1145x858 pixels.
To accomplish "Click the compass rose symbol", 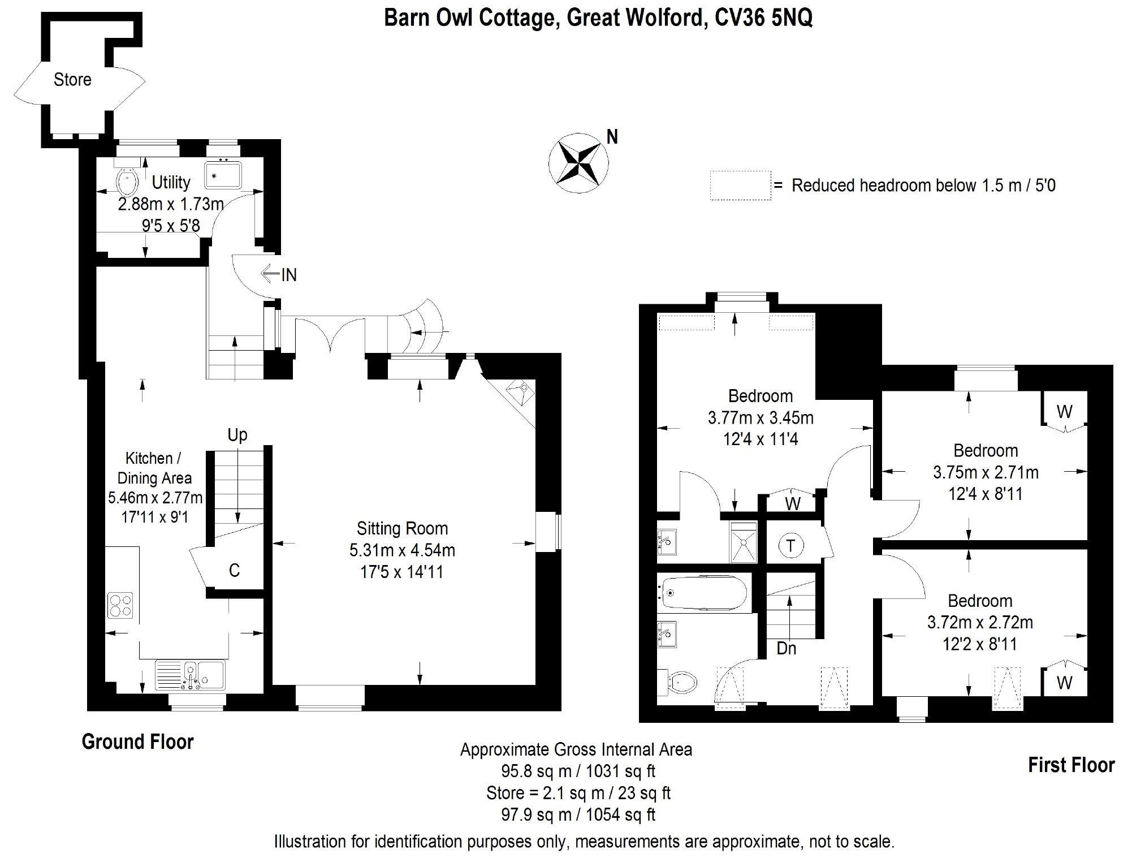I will pyautogui.click(x=578, y=163).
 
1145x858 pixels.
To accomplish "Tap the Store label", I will pyautogui.click(x=72, y=80).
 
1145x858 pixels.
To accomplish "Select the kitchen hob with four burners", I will pyautogui.click(x=120, y=605).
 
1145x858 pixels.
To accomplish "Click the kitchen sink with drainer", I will pyautogui.click(x=191, y=675).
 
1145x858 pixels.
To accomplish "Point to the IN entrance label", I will pyautogui.click(x=288, y=275).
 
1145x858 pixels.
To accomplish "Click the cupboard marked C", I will pyautogui.click(x=234, y=570).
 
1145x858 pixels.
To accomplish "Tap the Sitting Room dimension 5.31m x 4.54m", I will pyautogui.click(x=402, y=550).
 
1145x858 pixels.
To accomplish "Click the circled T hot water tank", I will pyautogui.click(x=790, y=546).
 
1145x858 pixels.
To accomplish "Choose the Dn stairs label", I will pyautogui.click(x=787, y=648).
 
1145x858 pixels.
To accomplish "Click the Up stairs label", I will pyautogui.click(x=237, y=434).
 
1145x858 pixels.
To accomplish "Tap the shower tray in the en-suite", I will pyautogui.click(x=743, y=542).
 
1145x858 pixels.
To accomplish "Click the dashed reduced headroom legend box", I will pyautogui.click(x=740, y=186).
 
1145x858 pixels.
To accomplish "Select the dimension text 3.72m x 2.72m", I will pyautogui.click(x=980, y=622).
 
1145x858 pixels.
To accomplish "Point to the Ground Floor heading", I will pyautogui.click(x=137, y=741).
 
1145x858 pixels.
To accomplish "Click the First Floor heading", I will pyautogui.click(x=1071, y=765).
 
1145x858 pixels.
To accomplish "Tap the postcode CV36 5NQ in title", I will pyautogui.click(x=763, y=18).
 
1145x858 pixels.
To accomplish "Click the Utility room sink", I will pyautogui.click(x=223, y=175).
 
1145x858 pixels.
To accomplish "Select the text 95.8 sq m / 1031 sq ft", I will pyautogui.click(x=578, y=771).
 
